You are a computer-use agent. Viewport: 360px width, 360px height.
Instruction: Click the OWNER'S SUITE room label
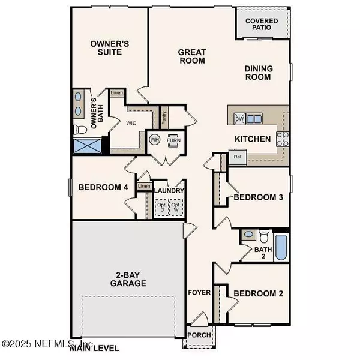pyautogui.click(x=106, y=48)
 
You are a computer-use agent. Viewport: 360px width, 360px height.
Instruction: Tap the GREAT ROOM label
pyautogui.click(x=192, y=56)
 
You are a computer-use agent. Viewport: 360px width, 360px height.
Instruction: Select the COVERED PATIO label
pyautogui.click(x=262, y=24)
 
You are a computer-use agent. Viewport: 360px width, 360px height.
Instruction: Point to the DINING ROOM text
pyautogui.click(x=259, y=73)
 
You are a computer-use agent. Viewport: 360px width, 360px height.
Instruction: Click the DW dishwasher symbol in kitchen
pyautogui.click(x=239, y=118)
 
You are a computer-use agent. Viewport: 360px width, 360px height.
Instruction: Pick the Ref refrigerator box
pyautogui.click(x=238, y=158)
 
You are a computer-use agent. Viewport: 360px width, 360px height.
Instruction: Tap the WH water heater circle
pyautogui.click(x=154, y=139)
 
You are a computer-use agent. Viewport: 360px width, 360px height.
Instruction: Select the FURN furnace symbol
pyautogui.click(x=174, y=139)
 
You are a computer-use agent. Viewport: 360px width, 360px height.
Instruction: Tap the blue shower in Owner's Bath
pyautogui.click(x=86, y=146)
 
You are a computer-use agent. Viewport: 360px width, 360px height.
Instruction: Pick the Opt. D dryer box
pyautogui.click(x=161, y=208)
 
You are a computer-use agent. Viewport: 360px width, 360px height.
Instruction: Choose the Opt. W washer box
pyautogui.click(x=176, y=208)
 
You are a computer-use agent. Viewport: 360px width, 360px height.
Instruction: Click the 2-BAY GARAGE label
pyautogui.click(x=129, y=279)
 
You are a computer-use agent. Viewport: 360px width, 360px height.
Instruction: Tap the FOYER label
pyautogui.click(x=199, y=293)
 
